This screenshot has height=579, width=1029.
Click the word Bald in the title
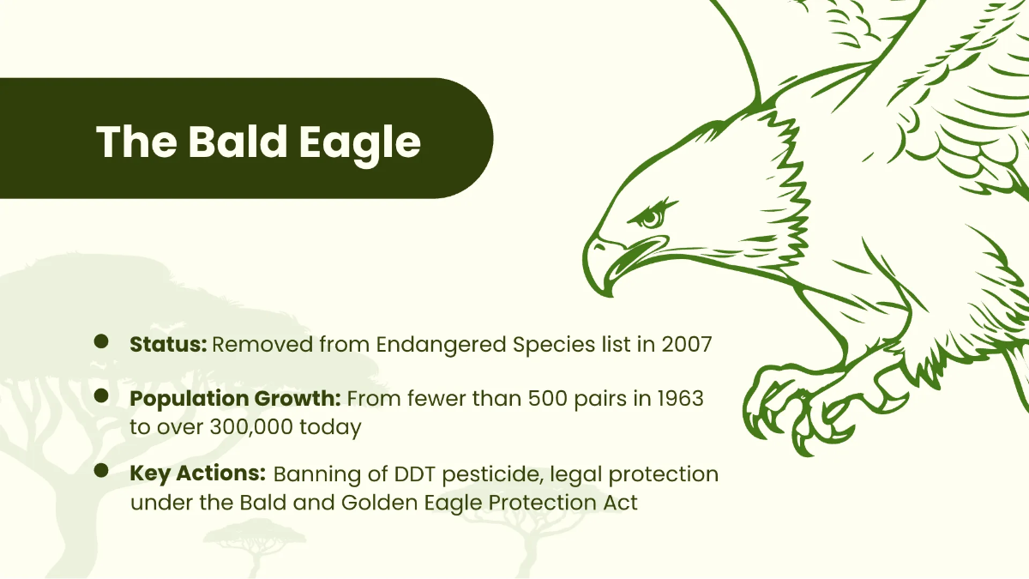click(231, 142)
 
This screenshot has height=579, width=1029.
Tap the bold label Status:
click(168, 345)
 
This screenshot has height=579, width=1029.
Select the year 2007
click(686, 345)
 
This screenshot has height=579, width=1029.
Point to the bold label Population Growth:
click(236, 399)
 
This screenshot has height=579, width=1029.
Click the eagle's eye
click(652, 218)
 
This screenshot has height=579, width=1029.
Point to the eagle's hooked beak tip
click(611, 288)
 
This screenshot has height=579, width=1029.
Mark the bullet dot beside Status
click(101, 342)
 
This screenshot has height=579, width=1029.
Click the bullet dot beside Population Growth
click(101, 395)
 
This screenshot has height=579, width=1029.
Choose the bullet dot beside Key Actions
click(101, 470)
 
